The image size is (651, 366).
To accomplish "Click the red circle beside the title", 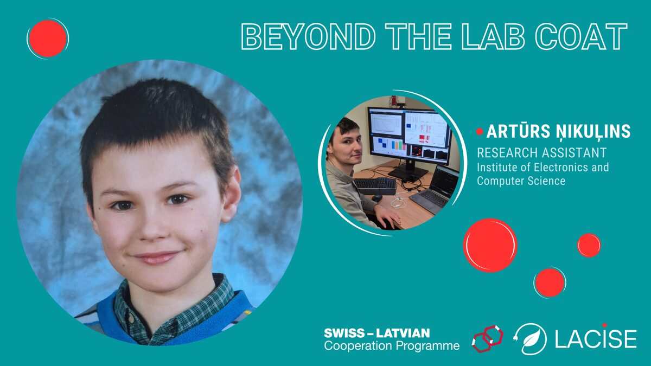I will pyautogui.click(x=48, y=38).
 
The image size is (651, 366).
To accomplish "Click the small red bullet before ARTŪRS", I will pyautogui.click(x=480, y=132).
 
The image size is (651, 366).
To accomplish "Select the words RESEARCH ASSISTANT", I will pyautogui.click(x=541, y=152).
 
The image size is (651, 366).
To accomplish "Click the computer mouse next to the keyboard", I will pyautogui.click(x=376, y=198).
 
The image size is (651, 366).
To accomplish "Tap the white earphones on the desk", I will pyautogui.click(x=400, y=202).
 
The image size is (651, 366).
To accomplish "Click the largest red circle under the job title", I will pyautogui.click(x=490, y=245).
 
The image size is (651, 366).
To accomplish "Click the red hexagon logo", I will pyautogui.click(x=487, y=338).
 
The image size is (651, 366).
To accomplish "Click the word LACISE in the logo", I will pyautogui.click(x=596, y=339).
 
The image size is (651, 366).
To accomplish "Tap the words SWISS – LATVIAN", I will pyautogui.click(x=376, y=333).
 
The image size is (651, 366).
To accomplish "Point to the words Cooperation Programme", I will pyautogui.click(x=391, y=346).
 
